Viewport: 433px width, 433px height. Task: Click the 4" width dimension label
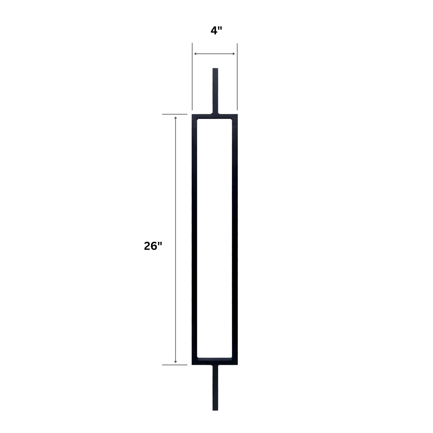point(216,31)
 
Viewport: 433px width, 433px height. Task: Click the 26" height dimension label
point(153,246)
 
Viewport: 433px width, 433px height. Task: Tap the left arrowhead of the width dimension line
point(195,54)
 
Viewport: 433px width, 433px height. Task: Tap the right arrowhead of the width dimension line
point(234,54)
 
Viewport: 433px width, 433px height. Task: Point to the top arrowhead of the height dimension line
point(176,117)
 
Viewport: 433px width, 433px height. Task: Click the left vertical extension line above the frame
point(192,76)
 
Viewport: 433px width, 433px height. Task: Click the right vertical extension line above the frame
point(237,76)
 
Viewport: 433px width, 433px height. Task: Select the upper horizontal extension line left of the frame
point(175,114)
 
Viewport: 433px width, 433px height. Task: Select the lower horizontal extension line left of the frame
point(175,371)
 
